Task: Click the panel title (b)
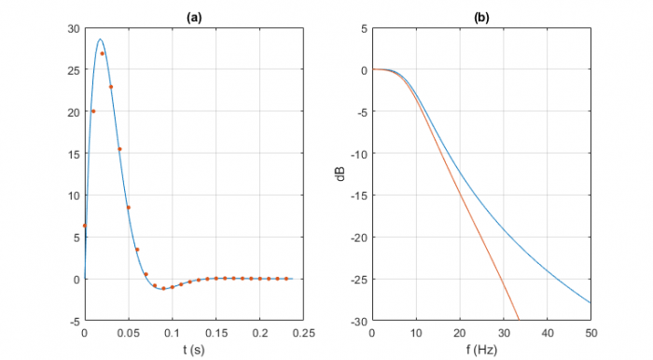coord(481,16)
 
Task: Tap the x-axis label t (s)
coord(194,350)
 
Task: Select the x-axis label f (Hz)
coord(481,350)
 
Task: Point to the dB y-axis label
coord(343,174)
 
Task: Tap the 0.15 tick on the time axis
coord(216,333)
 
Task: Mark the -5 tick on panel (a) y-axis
coord(74,321)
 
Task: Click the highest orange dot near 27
coord(102,53)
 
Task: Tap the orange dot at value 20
coord(93,111)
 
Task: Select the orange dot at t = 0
coord(85,225)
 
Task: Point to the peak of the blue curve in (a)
coord(100,39)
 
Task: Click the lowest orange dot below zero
coord(163,288)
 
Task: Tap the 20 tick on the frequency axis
coord(460,333)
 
